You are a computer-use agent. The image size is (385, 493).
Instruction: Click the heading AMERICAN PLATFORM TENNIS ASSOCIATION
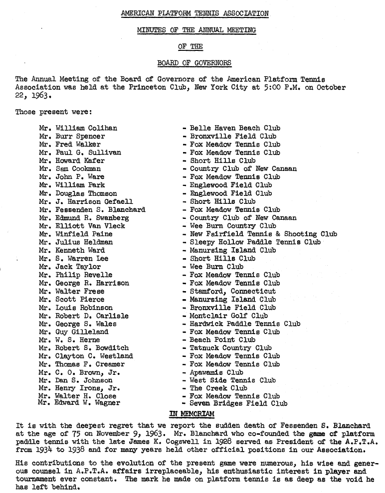click(194, 13)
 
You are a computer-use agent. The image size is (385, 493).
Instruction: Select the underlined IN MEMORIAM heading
click(192, 414)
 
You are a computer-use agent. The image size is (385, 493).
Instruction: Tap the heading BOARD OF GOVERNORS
click(194, 63)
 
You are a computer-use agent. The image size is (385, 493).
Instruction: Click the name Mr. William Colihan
click(78, 128)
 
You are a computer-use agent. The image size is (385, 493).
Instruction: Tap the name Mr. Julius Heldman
click(76, 242)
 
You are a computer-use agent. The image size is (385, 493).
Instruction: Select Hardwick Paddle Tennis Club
click(244, 324)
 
